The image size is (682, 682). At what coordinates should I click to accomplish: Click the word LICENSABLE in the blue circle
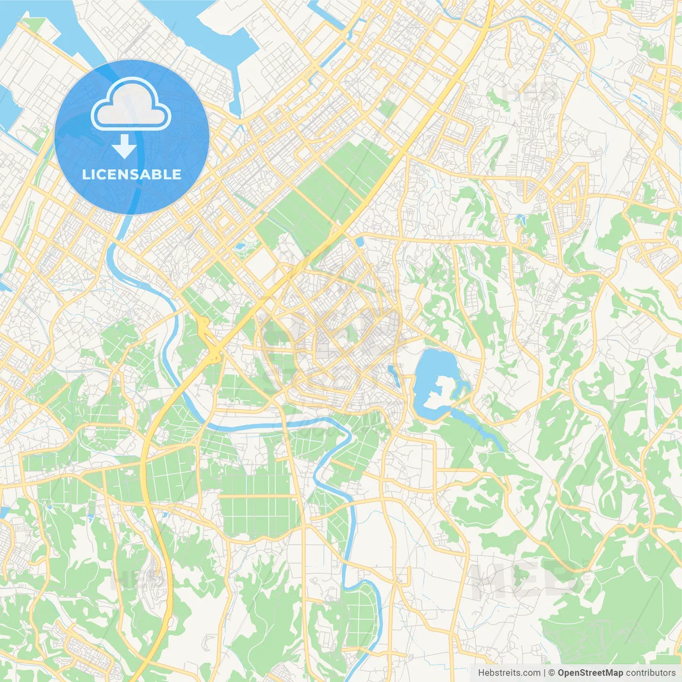132,175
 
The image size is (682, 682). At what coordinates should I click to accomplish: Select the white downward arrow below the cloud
124,146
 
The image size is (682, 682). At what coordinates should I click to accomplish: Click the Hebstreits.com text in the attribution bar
509,673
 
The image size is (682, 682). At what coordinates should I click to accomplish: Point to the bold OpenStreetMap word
590,673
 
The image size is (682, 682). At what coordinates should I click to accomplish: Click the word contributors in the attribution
651,673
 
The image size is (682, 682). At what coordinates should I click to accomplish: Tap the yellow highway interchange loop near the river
205,328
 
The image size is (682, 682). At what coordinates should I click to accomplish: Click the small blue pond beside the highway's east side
359,241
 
